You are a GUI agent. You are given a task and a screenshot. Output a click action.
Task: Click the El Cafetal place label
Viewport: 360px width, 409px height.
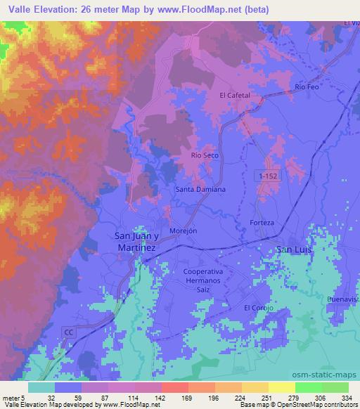(235, 96)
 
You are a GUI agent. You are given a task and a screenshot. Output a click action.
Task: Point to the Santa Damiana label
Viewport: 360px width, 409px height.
(200, 190)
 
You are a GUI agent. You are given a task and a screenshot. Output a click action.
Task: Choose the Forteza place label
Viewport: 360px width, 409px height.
(262, 223)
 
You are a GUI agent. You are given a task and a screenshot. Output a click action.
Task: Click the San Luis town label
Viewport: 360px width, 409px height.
(295, 249)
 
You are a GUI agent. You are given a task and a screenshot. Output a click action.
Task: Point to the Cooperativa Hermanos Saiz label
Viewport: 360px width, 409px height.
(206, 280)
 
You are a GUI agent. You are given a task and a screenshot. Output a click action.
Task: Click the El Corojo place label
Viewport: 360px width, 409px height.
(257, 308)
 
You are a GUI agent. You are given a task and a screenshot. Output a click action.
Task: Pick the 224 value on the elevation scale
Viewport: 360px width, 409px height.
(240, 397)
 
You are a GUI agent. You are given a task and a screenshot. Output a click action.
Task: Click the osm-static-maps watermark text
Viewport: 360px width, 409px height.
(331, 375)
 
